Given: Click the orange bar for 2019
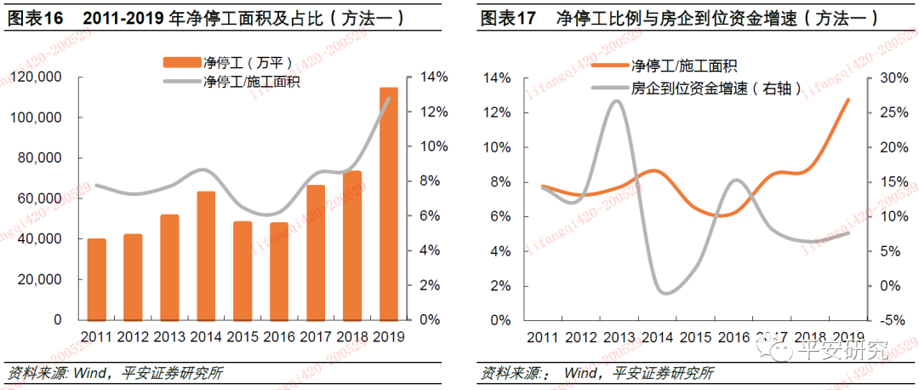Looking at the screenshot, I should pyautogui.click(x=388, y=204).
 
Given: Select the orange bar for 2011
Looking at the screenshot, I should pyautogui.click(x=97, y=279).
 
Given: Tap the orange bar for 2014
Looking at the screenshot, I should pyautogui.click(x=206, y=255).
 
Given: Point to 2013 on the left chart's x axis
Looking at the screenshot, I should pyautogui.click(x=169, y=336).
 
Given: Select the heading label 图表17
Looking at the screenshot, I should pyautogui.click(x=508, y=16).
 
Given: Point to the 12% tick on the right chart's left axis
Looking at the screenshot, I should pyautogui.click(x=498, y=113).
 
